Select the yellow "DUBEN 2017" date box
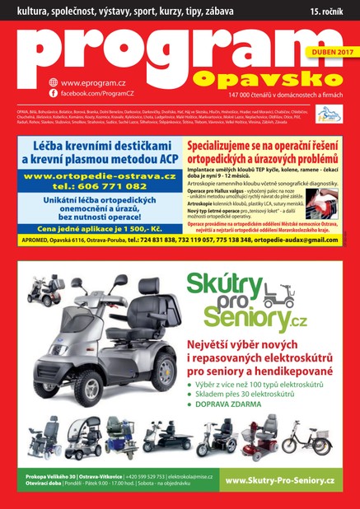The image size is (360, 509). (x=329, y=52)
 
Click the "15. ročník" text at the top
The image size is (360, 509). (x=330, y=12)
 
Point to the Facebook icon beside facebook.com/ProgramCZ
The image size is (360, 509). (x=53, y=94)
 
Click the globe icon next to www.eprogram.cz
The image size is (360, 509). (x=53, y=82)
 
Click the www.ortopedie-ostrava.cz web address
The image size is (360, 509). (x=99, y=175)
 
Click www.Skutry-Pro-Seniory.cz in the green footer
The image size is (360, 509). (x=278, y=480)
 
